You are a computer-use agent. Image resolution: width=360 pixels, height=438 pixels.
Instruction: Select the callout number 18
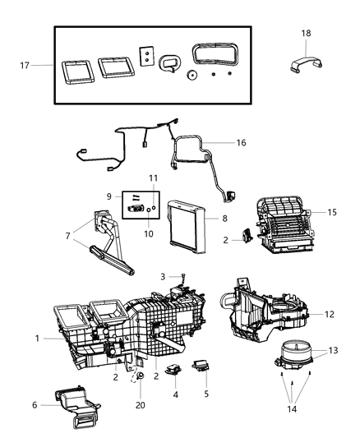pyautogui.click(x=307, y=34)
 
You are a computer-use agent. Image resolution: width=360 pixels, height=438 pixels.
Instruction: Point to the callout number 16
pyautogui.click(x=240, y=142)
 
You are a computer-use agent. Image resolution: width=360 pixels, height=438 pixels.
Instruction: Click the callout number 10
pyautogui.click(x=149, y=234)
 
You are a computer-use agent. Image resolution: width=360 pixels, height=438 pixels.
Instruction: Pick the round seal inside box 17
pyautogui.click(x=191, y=75)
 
